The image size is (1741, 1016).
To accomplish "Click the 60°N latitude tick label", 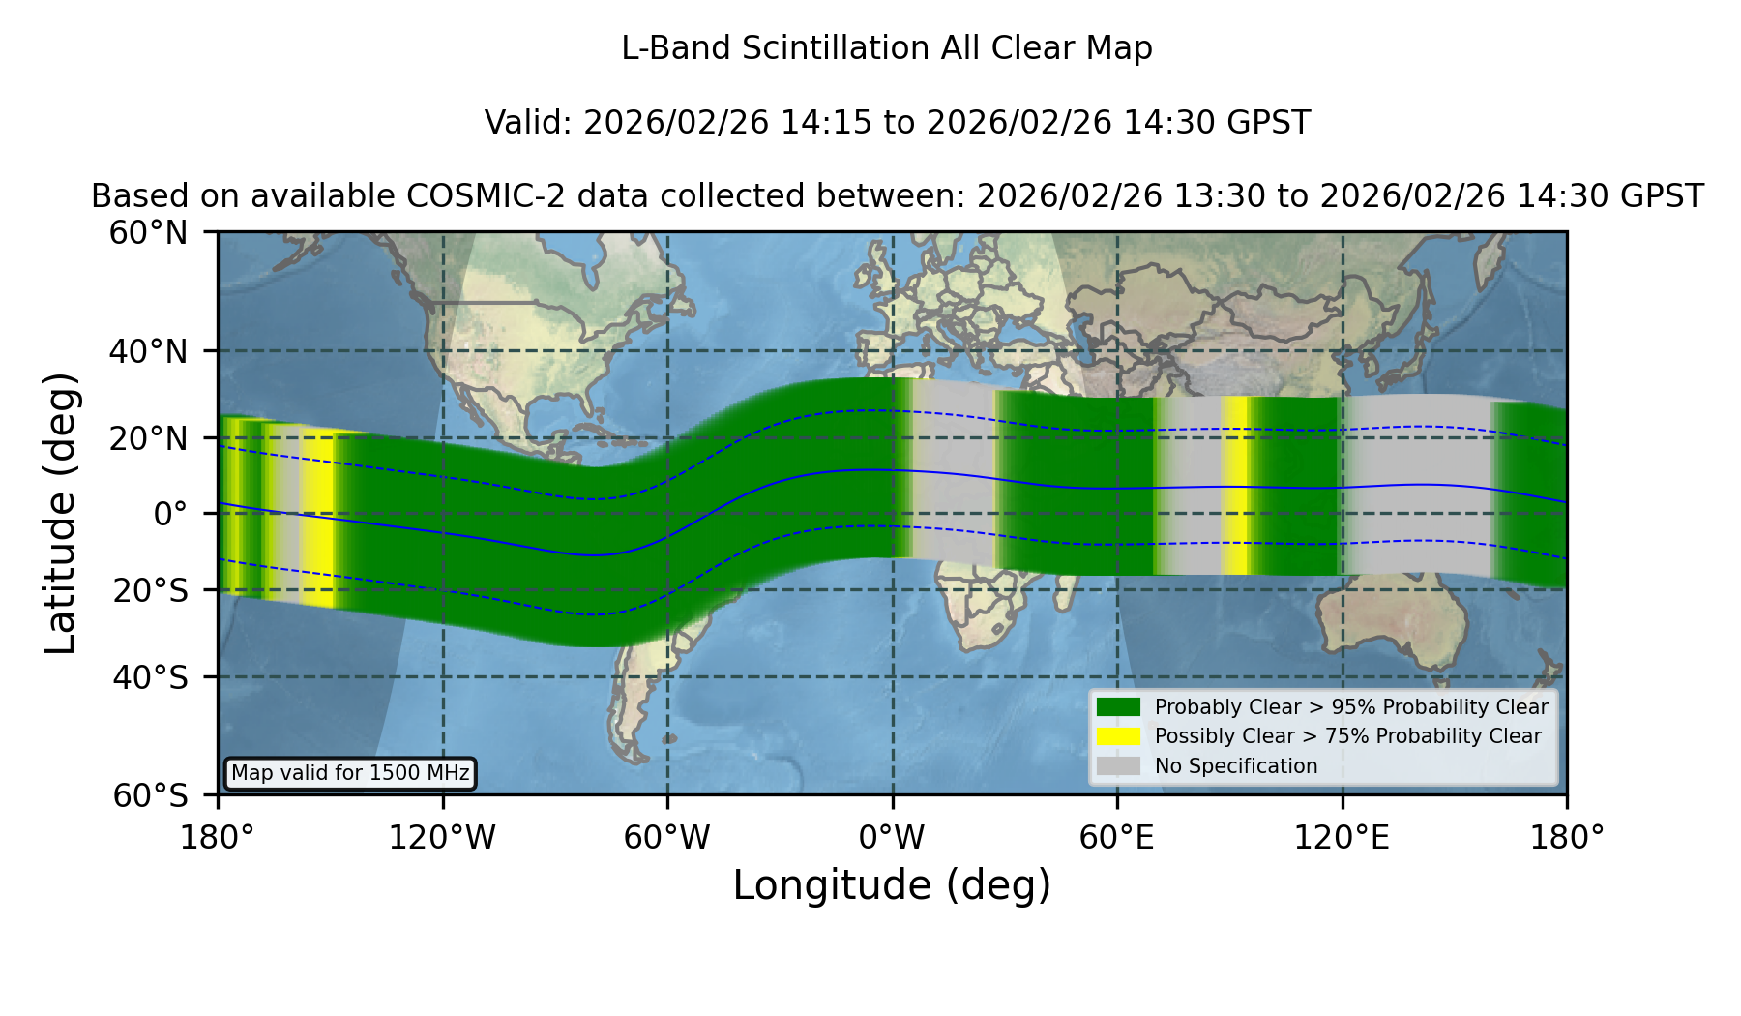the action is click(149, 233).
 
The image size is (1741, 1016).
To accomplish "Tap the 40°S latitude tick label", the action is click(150, 677).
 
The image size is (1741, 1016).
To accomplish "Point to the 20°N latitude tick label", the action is click(149, 438).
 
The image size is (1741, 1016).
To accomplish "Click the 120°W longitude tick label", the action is click(442, 837).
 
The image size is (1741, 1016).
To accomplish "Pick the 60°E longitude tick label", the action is click(1116, 837).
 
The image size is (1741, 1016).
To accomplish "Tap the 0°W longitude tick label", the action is click(892, 837).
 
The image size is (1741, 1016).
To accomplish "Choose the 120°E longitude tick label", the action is click(1342, 837).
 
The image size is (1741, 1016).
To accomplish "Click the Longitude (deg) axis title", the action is click(892, 885).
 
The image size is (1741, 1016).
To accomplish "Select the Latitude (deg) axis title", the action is click(60, 513).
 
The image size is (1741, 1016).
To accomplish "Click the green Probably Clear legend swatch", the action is click(1118, 707).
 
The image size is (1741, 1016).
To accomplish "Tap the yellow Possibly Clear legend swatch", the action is click(1118, 736).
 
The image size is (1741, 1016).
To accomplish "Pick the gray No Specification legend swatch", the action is click(1118, 766).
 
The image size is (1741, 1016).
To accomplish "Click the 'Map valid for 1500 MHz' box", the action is click(350, 773).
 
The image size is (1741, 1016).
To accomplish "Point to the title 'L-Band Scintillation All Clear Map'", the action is click(887, 48).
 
